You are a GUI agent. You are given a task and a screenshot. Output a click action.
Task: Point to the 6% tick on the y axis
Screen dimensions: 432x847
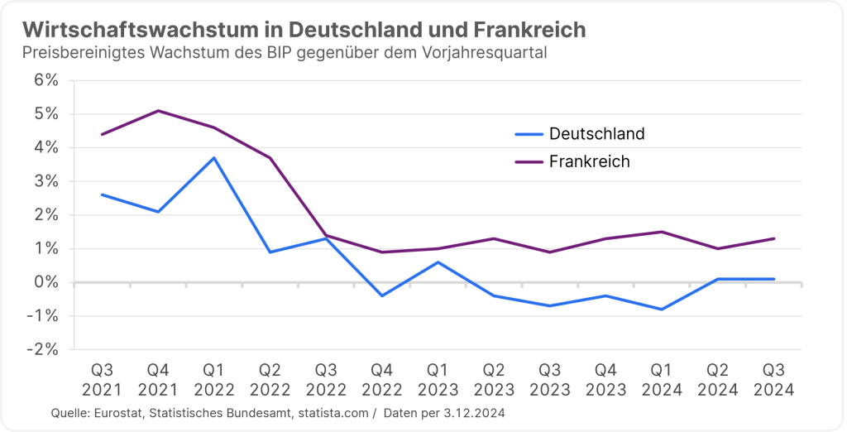coord(46,80)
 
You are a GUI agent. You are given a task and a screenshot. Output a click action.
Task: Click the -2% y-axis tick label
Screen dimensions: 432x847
coord(43,349)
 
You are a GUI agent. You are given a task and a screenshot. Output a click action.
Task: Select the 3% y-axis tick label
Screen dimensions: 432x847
coord(46,181)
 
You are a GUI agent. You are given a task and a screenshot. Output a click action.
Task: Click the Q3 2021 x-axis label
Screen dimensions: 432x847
coord(102,379)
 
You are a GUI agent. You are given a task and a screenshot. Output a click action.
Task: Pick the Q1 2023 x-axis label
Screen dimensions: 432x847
coord(438,379)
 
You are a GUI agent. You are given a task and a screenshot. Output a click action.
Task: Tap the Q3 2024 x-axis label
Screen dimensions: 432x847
coord(773,379)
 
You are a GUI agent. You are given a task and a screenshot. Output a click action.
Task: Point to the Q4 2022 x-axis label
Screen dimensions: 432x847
coord(381,379)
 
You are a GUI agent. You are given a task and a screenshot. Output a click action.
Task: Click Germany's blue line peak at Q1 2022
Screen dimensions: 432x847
coord(214,157)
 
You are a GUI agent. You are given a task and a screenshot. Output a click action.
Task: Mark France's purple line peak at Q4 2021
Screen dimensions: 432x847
coord(158,111)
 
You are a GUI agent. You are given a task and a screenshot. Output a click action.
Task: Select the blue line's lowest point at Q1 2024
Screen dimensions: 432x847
coord(662,310)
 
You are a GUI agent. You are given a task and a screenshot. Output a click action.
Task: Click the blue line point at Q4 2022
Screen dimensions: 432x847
coord(382,295)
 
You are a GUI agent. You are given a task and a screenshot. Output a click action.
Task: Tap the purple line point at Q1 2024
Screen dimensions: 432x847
coord(662,232)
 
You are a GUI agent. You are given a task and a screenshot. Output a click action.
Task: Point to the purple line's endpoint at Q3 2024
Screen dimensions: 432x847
coord(773,238)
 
